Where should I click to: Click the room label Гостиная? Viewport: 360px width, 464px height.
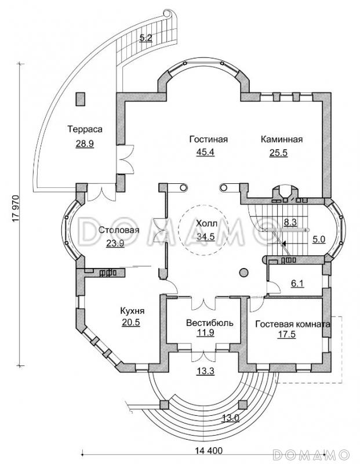click(208, 139)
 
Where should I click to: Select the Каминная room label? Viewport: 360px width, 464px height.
click(282, 139)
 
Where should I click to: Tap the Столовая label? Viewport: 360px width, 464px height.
click(118, 230)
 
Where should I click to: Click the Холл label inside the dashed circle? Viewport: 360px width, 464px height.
click(206, 223)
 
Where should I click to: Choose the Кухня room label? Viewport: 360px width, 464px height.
click(132, 311)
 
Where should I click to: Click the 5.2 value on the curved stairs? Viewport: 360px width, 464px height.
click(145, 38)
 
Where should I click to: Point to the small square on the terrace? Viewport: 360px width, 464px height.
click(80, 99)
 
